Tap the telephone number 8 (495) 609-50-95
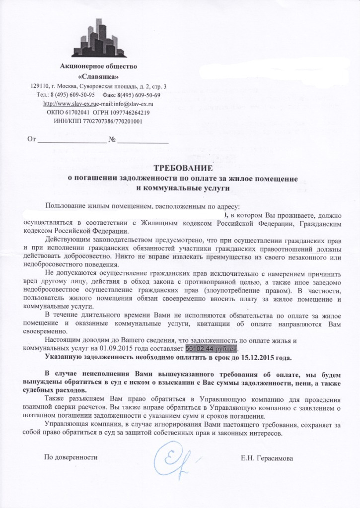coord(73,95)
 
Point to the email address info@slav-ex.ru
coord(133,104)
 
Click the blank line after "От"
coord(72,140)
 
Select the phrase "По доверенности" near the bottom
coord(71,457)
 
